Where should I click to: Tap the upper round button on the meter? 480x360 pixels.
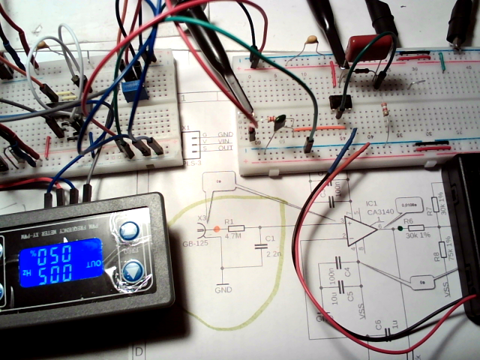pyautogui.click(x=129, y=231)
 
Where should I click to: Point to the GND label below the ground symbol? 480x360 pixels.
pyautogui.click(x=223, y=289)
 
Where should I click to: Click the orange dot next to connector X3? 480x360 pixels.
pyautogui.click(x=217, y=227)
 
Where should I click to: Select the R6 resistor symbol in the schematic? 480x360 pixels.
pyautogui.click(x=412, y=227)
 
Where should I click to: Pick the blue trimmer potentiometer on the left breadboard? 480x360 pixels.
pyautogui.click(x=133, y=92)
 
